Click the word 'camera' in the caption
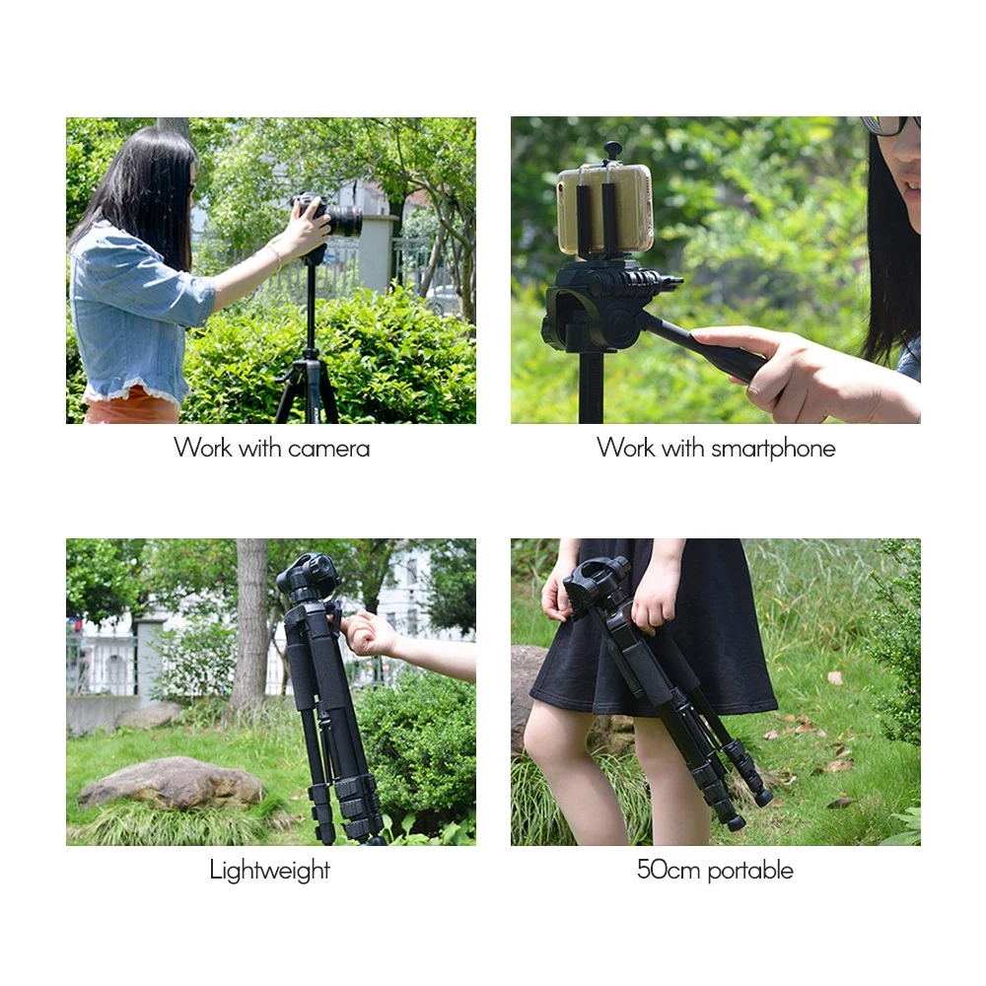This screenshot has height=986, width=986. tap(328, 449)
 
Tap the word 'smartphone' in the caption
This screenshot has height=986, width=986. tap(773, 449)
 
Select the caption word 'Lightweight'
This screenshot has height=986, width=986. tap(270, 871)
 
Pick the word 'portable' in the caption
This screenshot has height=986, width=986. tap(750, 871)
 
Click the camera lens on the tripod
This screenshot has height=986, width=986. tap(345, 220)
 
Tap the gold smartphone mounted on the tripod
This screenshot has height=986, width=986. tap(605, 209)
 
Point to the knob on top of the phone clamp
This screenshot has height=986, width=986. tap(612, 150)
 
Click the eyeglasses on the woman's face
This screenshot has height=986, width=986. tap(888, 125)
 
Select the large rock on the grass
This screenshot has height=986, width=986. tap(171, 783)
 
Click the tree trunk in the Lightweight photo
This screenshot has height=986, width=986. tap(250, 626)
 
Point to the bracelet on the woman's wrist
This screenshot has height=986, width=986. tap(275, 254)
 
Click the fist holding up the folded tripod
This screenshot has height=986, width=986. tap(368, 634)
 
